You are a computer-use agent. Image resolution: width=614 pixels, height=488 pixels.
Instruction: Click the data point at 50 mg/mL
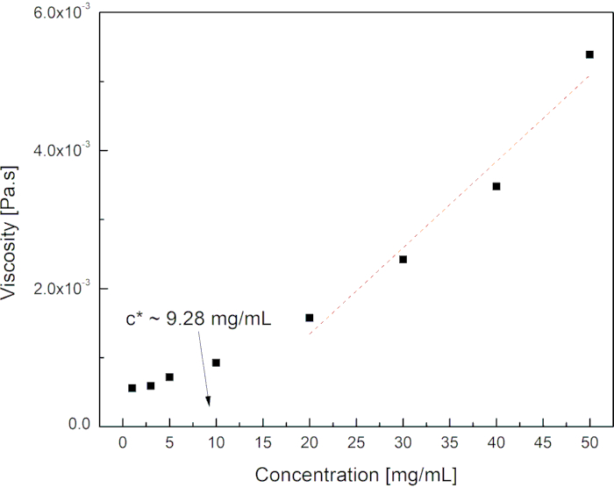click(x=589, y=54)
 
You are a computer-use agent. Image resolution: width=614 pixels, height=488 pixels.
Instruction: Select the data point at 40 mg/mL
click(x=496, y=186)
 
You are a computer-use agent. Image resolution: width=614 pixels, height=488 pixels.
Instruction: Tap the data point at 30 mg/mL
click(x=403, y=259)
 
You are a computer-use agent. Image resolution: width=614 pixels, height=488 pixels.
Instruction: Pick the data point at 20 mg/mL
click(x=310, y=318)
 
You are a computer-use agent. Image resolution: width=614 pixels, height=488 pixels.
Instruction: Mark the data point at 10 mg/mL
click(x=216, y=362)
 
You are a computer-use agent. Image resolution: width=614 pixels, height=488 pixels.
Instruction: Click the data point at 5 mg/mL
click(x=169, y=377)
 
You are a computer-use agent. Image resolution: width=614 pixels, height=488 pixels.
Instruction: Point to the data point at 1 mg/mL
click(x=132, y=388)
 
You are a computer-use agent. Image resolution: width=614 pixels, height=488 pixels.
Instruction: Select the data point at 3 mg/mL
click(x=151, y=385)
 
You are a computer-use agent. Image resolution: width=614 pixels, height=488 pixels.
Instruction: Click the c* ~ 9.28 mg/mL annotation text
click(x=198, y=319)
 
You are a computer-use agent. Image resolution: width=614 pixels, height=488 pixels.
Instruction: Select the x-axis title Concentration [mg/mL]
click(x=356, y=476)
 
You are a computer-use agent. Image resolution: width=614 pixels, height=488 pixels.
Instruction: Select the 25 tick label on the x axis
click(x=356, y=444)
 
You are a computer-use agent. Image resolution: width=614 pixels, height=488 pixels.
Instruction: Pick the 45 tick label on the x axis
click(x=543, y=444)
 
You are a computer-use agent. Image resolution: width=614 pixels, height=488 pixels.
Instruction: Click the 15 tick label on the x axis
click(x=262, y=444)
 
